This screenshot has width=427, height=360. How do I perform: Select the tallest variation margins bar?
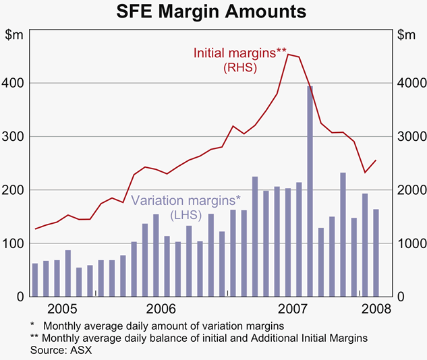pos(310,191)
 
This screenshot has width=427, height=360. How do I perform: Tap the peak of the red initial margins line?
pos(289,55)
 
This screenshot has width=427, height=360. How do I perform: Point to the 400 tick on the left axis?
pos(14,83)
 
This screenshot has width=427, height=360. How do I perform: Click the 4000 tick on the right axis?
pos(410,83)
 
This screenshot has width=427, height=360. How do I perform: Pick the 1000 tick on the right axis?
pos(410,243)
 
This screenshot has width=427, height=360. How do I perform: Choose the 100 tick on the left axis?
pos(14,243)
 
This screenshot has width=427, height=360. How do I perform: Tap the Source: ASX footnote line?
pos(61,351)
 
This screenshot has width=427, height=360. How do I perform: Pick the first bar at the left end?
pos(35,280)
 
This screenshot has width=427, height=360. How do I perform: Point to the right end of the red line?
pos(376,160)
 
